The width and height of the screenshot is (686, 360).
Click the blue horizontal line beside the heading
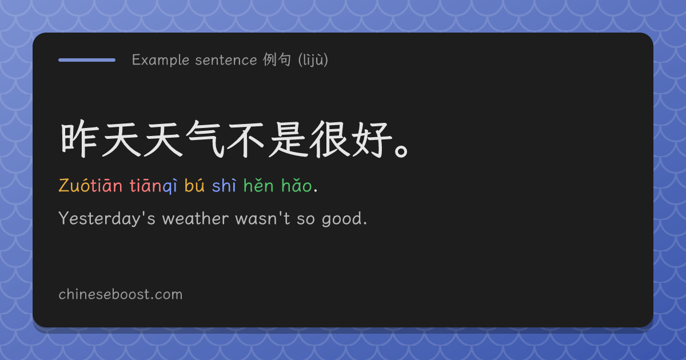[87, 60]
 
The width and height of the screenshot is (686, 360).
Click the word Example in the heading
[161, 60]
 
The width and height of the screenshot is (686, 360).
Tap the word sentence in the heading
[226, 60]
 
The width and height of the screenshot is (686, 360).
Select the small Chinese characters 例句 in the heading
[277, 59]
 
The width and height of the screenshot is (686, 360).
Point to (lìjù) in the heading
[313, 59]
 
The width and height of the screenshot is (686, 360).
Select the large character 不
[246, 139]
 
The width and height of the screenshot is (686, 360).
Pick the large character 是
[288, 139]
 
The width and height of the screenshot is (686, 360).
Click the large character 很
[329, 139]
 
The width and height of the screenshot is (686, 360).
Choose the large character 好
[372, 139]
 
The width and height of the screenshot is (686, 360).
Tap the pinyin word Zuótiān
[90, 186]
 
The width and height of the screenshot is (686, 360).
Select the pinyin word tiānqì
[153, 186]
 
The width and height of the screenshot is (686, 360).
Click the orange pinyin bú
[194, 185]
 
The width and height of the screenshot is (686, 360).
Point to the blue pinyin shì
[224, 186]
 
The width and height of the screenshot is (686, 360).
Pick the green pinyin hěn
[258, 185]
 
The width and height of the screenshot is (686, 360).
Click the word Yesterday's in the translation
[107, 218]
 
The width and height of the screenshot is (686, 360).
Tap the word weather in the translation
[196, 218]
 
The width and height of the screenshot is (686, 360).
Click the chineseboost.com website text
[121, 294]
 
